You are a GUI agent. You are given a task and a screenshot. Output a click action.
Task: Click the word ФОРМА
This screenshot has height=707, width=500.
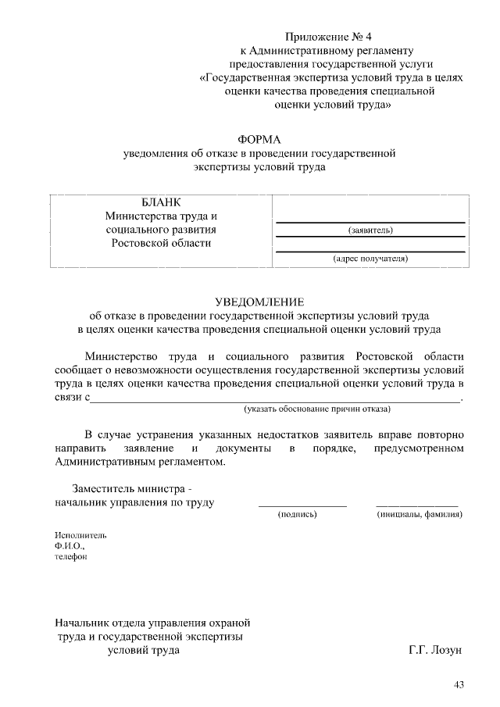tap(259, 139)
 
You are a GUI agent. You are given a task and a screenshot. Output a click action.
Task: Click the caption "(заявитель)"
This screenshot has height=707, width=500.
tap(370, 230)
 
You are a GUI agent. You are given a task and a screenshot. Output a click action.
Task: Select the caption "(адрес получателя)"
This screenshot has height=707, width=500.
tap(370, 258)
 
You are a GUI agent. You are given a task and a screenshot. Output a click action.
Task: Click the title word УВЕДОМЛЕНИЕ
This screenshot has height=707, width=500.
tap(259, 302)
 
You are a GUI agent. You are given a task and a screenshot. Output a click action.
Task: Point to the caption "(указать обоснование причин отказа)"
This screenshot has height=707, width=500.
tap(317, 409)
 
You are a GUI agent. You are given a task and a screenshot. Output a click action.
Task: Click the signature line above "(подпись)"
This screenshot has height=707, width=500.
tap(302, 506)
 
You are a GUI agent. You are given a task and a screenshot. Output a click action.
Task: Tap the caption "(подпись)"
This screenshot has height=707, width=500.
tap(298, 515)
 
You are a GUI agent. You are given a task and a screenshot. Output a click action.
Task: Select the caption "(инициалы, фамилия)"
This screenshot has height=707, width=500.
tap(419, 515)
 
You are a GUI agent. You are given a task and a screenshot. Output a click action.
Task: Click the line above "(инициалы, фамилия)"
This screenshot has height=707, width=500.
tap(417, 506)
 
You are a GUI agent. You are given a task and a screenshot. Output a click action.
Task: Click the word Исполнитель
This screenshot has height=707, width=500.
tap(80, 535)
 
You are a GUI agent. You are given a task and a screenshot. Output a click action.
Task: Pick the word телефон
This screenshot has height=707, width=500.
tap(71, 557)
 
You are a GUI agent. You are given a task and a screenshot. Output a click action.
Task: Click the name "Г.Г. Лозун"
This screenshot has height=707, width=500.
tap(435, 650)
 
